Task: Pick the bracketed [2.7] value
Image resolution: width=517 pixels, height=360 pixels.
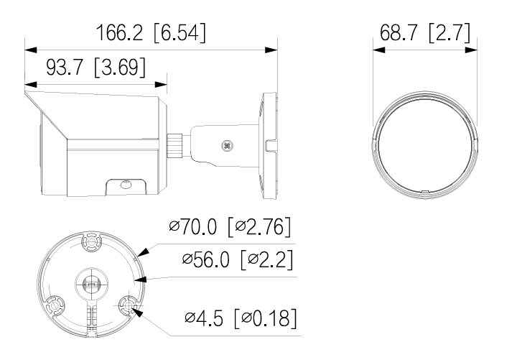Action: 450,33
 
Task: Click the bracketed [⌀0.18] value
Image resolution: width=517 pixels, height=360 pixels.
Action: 265,318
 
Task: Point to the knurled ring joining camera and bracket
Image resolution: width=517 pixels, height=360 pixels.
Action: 174,144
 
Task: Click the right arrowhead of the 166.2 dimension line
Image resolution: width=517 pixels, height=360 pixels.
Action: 274,50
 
